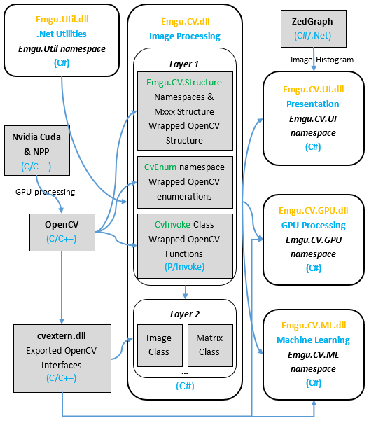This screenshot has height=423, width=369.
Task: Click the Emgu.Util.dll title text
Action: tap(62, 20)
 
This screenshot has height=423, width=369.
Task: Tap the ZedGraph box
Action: tap(314, 29)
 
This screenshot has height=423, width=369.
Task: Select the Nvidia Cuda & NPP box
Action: tap(37, 151)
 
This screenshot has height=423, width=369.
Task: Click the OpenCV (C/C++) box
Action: tap(62, 233)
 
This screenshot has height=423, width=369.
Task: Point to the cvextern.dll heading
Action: tap(62, 335)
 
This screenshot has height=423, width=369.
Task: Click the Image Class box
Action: tap(160, 345)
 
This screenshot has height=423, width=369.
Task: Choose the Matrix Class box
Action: tap(210, 345)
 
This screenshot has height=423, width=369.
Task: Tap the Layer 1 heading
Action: tap(184, 64)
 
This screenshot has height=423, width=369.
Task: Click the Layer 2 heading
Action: tap(185, 314)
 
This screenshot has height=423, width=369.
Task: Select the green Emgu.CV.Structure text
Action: tap(184, 82)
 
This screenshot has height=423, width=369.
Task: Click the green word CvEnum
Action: tap(160, 167)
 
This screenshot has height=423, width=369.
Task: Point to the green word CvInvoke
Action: tap(173, 224)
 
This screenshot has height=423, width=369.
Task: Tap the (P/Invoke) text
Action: tap(185, 267)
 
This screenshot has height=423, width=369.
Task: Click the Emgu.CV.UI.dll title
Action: tap(314, 90)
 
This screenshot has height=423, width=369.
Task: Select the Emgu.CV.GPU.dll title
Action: tap(314, 210)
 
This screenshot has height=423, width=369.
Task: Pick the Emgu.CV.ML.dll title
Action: tap(314, 326)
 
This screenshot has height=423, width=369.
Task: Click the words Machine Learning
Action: tap(313, 340)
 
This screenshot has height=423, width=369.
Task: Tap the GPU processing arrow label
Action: tap(45, 192)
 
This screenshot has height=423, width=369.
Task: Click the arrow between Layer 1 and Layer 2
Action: tap(185, 292)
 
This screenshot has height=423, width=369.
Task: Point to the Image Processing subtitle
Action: tap(185, 36)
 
